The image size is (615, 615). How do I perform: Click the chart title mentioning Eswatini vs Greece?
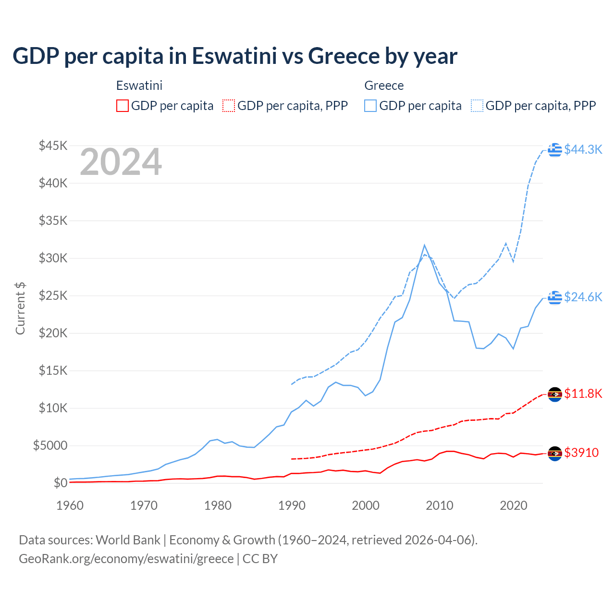click(234, 56)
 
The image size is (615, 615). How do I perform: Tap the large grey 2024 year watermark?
click(121, 162)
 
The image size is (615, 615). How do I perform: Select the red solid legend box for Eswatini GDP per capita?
click(123, 106)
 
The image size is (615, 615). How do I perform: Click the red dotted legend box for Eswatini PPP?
click(229, 106)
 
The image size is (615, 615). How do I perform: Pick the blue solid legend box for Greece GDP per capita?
click(370, 106)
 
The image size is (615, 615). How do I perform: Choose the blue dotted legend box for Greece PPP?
click(477, 106)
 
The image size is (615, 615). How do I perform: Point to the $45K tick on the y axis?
click(53, 146)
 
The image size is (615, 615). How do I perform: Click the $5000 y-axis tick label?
click(50, 446)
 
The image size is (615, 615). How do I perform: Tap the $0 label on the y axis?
click(60, 483)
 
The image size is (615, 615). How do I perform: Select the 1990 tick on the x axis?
click(292, 505)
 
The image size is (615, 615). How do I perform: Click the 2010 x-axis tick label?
click(440, 505)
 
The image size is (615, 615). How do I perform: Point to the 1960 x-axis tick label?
click(70, 505)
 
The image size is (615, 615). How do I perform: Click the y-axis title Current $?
click(20, 308)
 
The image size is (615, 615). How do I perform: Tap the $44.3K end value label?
click(583, 150)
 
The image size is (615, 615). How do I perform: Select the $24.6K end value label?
click(583, 297)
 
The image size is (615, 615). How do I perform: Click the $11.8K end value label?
click(583, 394)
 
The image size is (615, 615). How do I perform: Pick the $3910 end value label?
click(581, 453)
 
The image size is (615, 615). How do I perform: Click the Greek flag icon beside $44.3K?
click(555, 150)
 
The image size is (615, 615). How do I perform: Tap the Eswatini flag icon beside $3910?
click(555, 454)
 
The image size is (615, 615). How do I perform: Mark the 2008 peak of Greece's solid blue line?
click(424, 245)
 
